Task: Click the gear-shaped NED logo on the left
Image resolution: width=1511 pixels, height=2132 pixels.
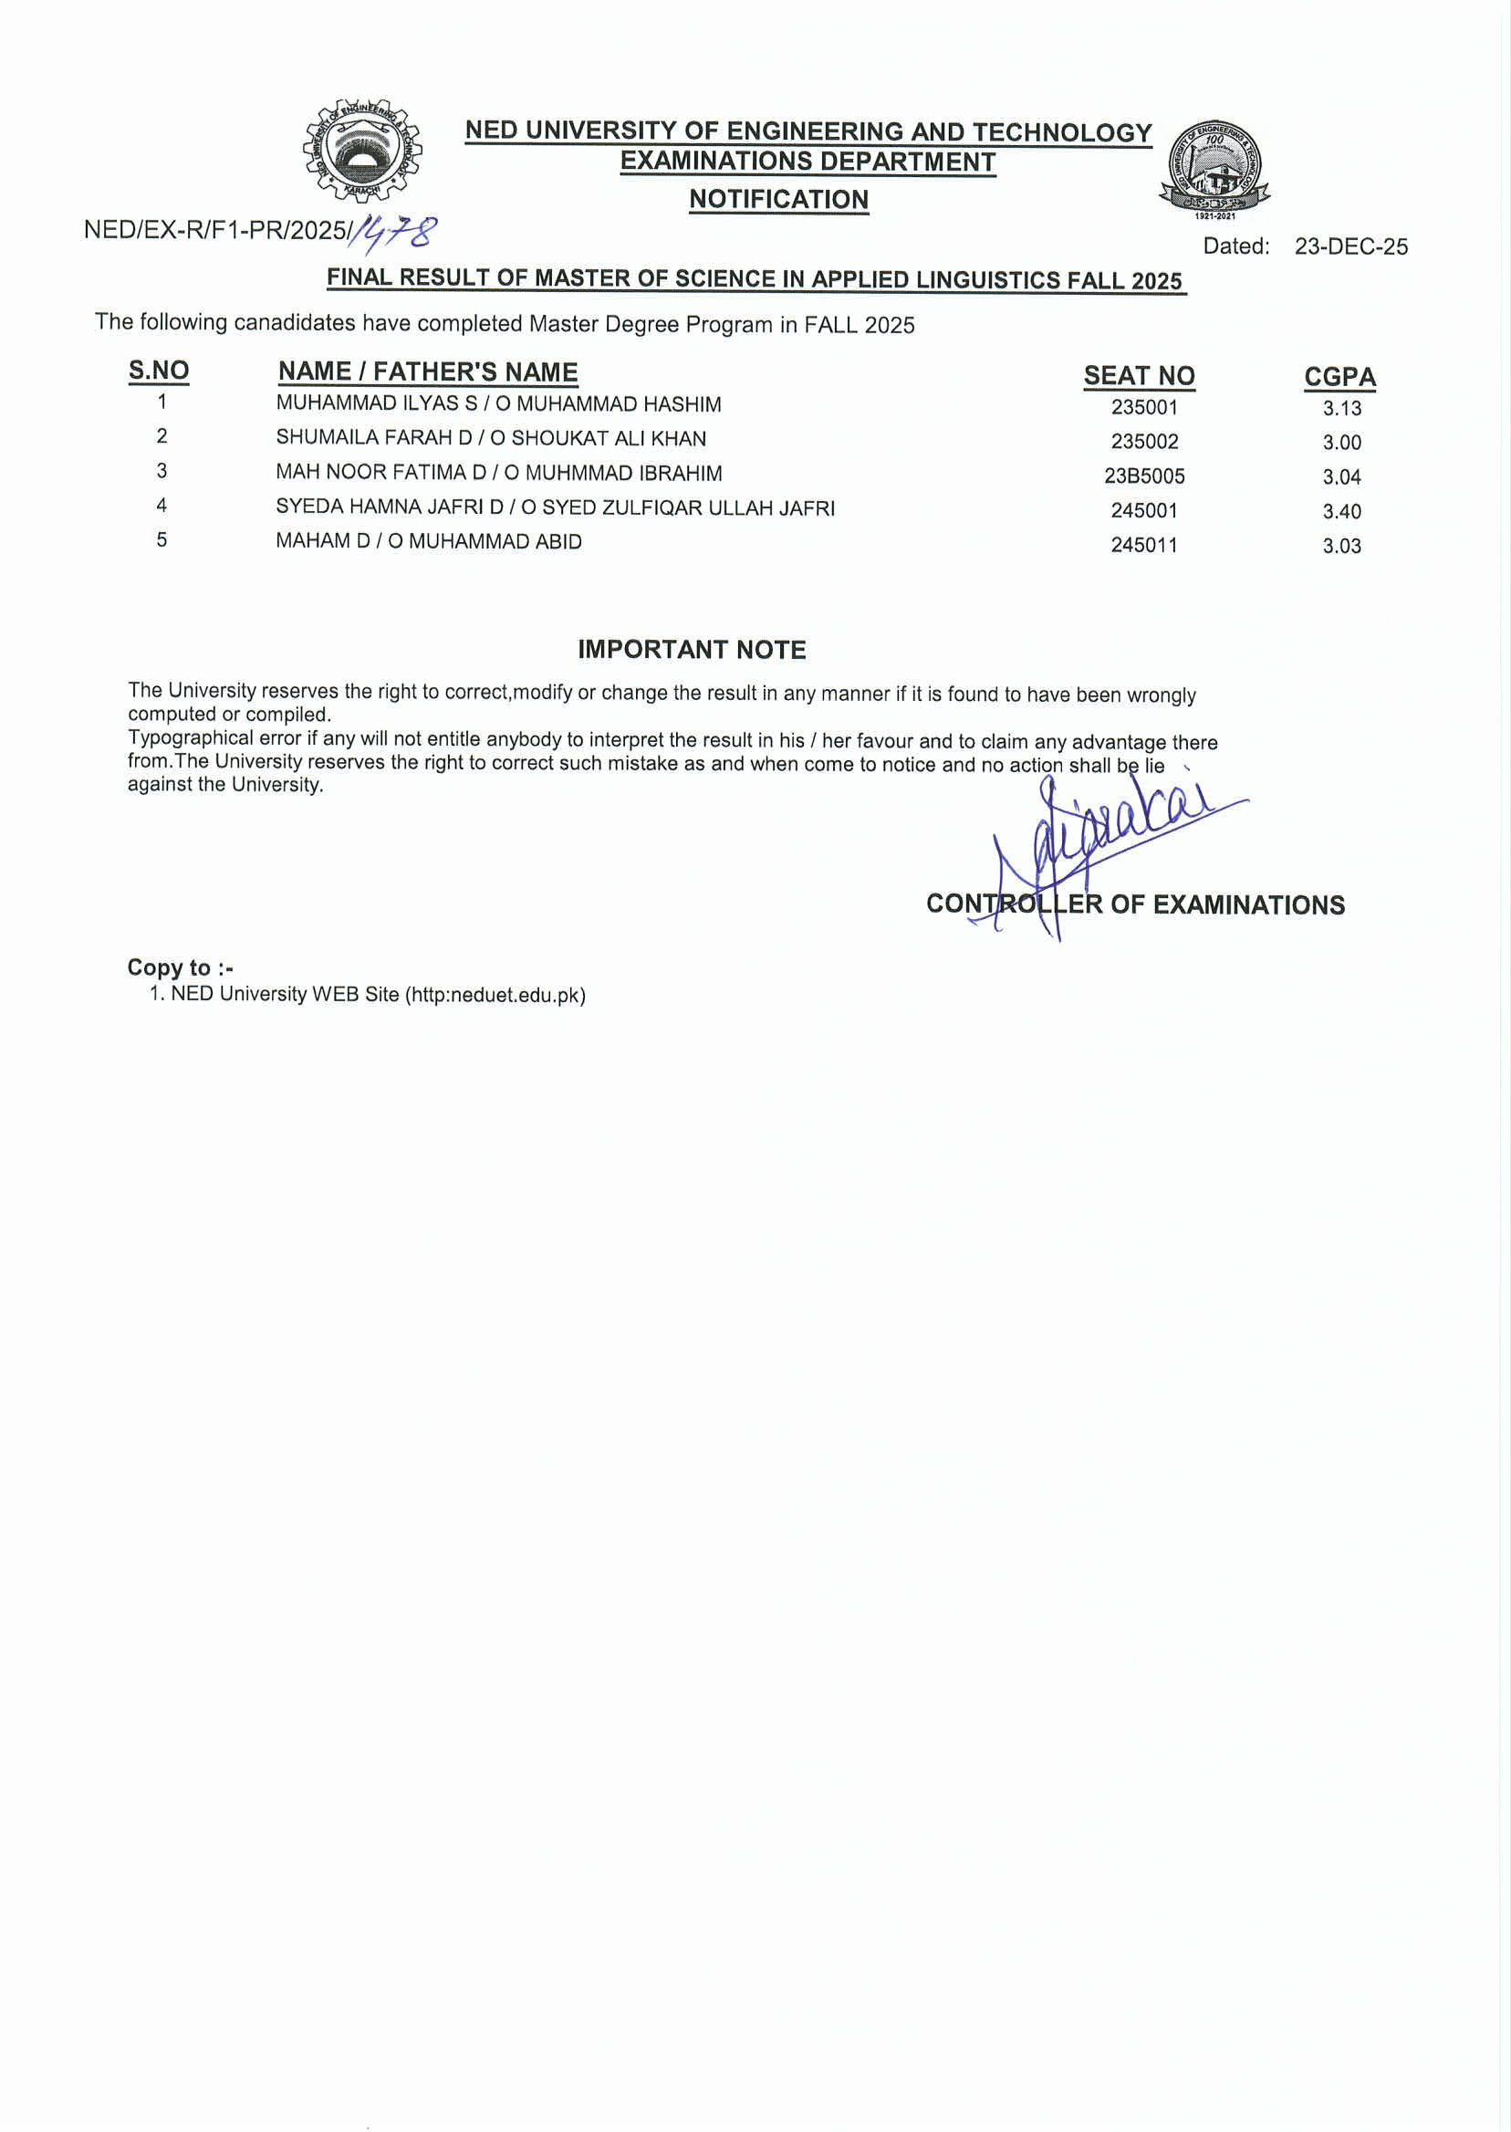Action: pos(361,151)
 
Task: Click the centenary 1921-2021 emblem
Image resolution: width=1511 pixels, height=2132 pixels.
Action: pos(1214,168)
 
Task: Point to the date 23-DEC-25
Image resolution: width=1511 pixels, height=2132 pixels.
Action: pos(1350,246)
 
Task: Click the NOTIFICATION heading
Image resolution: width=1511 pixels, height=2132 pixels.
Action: pos(778,199)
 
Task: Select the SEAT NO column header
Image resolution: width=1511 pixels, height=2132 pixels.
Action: pos(1139,376)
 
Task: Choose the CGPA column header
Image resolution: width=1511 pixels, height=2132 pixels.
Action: pos(1339,377)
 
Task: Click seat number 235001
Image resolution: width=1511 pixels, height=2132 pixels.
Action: pos(1143,408)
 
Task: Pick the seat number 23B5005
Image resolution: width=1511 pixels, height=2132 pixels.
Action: pos(1143,476)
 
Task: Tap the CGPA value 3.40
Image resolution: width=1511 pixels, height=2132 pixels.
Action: pos(1341,512)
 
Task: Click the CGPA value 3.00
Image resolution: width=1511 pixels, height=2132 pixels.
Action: pos(1341,443)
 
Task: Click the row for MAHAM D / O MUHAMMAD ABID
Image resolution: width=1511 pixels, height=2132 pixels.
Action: pos(429,541)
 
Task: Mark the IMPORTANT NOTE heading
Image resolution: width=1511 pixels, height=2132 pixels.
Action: pos(692,650)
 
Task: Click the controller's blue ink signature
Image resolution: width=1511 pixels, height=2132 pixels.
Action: pos(1107,838)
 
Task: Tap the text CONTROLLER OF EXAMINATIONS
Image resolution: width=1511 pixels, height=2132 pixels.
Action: pos(1135,904)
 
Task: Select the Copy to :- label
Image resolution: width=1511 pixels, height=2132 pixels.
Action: pos(180,967)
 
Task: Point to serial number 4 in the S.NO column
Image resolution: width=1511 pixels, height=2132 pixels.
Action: pos(162,506)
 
